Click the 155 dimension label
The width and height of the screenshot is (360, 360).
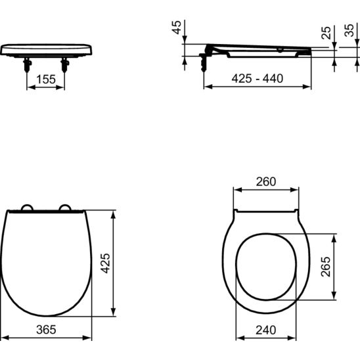46,79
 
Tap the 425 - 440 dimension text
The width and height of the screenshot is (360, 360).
258,79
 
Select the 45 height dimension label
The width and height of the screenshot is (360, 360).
177,28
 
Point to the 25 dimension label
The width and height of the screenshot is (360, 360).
326,33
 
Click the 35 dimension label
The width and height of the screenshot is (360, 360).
349,30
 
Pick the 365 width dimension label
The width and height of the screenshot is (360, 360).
46,330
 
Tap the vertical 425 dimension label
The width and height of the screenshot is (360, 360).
106,263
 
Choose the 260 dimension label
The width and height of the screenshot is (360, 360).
266,181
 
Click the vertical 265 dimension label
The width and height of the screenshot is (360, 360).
326,267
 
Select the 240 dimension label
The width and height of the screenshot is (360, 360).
266,330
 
